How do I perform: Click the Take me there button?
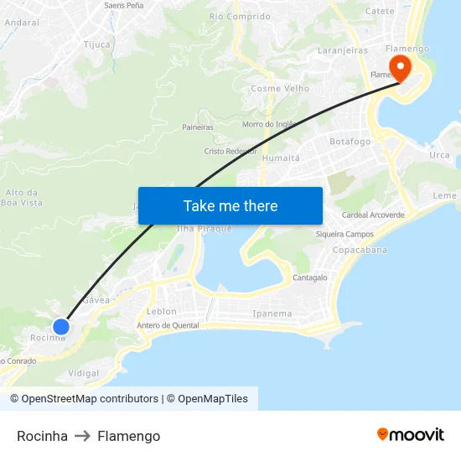(230, 205)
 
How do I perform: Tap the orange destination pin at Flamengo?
(400, 67)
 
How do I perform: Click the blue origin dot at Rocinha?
(61, 326)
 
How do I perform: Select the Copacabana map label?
(360, 250)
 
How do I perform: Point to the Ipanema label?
(272, 313)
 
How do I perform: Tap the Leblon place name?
(161, 311)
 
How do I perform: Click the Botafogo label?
(350, 142)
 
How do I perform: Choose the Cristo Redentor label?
(230, 152)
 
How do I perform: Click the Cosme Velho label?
(280, 89)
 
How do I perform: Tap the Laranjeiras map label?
(343, 50)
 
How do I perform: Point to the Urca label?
(439, 155)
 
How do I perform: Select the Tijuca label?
(97, 45)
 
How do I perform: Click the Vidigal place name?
(83, 373)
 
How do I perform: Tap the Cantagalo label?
(310, 277)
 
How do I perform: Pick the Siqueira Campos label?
(344, 234)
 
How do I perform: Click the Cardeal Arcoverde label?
(373, 215)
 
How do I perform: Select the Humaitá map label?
(280, 158)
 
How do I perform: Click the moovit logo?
(411, 434)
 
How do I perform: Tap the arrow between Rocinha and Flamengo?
(82, 436)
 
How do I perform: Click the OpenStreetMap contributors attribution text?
(90, 399)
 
